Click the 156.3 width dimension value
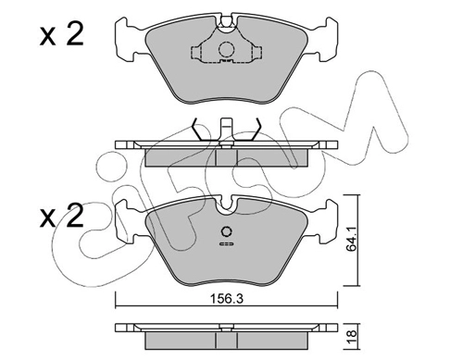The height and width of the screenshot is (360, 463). click(227, 299)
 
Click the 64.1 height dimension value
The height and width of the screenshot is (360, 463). click(351, 239)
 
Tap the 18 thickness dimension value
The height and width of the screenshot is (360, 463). click(352, 334)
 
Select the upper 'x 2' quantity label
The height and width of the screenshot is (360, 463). click(62, 35)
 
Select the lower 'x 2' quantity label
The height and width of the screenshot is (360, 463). click(62, 216)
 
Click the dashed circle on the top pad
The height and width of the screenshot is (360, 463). click(227, 49)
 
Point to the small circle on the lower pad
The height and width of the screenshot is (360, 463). click(226, 231)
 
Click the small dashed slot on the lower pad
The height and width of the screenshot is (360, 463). click(226, 244)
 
